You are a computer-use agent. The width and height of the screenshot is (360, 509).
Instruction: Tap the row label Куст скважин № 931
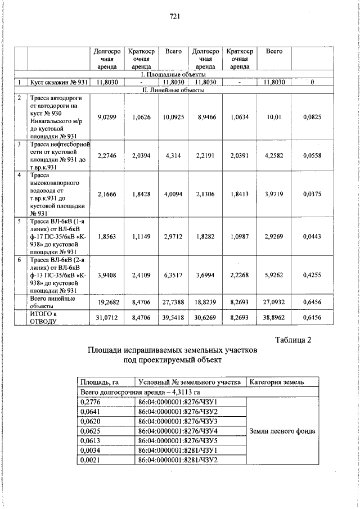click(x=58, y=82)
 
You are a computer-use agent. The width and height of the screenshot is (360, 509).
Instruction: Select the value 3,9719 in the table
click(x=274, y=194)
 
